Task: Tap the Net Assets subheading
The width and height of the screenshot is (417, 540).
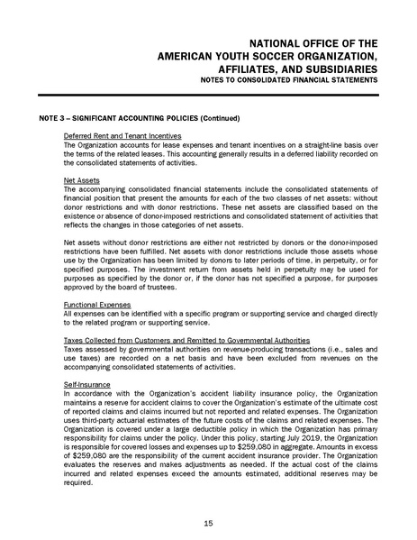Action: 81,180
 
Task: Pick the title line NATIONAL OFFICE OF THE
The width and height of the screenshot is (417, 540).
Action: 309,42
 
